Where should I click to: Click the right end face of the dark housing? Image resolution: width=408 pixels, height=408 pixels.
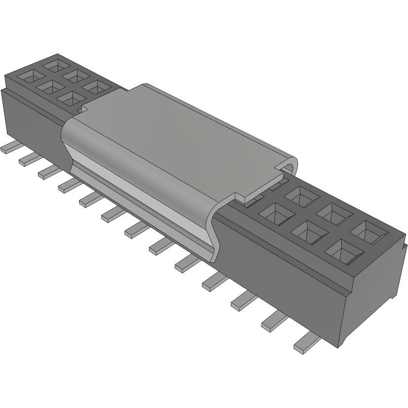coord(375,296)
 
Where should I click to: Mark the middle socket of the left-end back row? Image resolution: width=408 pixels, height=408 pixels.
coord(75,75)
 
